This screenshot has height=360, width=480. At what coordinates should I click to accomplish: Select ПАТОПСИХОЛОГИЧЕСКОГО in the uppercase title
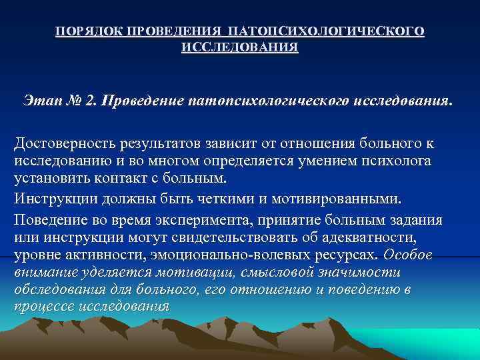[325, 31]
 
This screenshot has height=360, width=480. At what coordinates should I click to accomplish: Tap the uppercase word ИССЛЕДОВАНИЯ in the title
[240, 49]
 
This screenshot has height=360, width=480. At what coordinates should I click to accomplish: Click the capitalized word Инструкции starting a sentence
[51, 198]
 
